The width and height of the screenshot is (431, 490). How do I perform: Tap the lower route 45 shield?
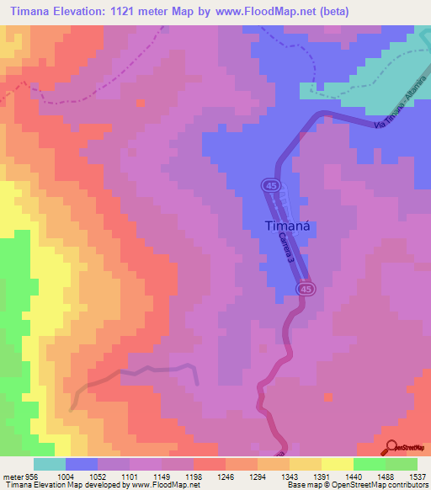click(305, 290)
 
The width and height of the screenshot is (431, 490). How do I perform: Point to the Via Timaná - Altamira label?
click(403, 106)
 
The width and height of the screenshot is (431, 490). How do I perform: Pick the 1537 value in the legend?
click(418, 476)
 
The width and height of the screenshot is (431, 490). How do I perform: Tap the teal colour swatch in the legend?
click(50, 464)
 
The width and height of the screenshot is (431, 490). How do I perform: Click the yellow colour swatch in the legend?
click(338, 464)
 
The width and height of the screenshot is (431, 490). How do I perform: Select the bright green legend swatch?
click(370, 464)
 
